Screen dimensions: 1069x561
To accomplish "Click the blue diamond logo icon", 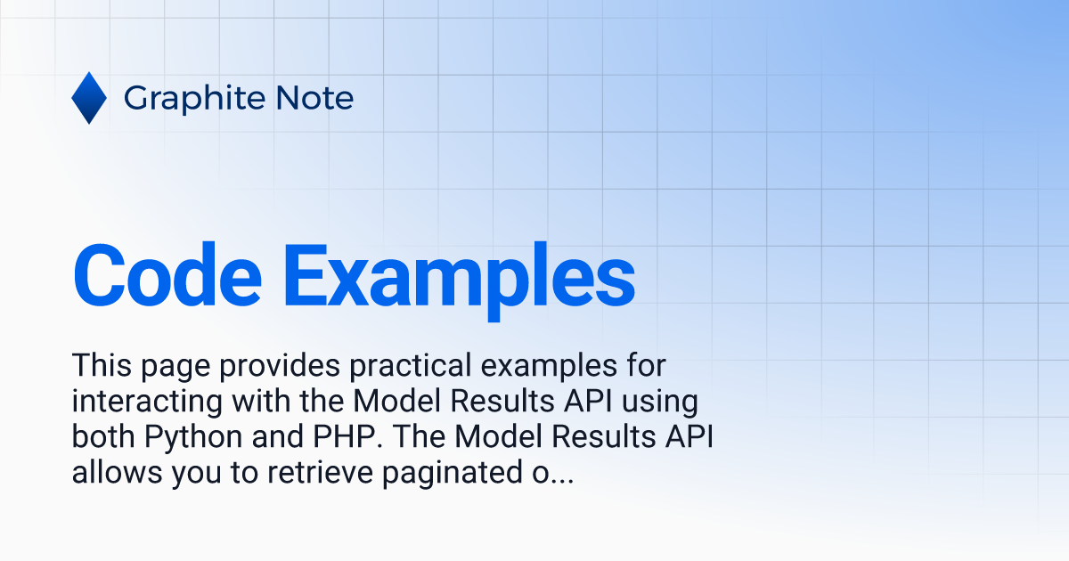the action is pos(89,98).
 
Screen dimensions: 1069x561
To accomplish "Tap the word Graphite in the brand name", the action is pos(194,99).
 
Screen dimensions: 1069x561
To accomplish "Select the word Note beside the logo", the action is pos(314,98).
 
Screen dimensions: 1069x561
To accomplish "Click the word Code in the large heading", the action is pos(167,275).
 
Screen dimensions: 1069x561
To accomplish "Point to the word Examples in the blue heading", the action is pos(459,281).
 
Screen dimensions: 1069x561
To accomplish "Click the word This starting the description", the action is pos(102,365).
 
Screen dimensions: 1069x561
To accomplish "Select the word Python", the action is pos(193,439).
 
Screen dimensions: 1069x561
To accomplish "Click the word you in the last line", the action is pos(196,476).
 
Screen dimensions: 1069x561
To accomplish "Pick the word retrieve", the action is pos(320,472).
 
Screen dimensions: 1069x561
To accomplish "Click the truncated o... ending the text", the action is pos(553,476).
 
